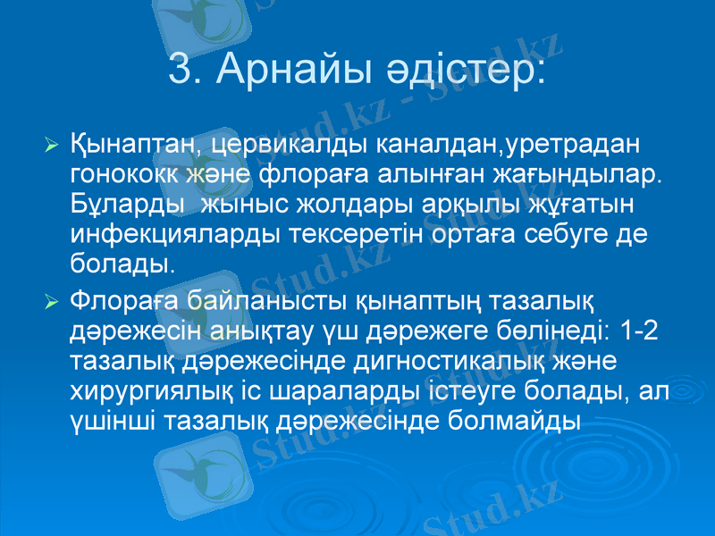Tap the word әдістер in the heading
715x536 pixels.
[x=482, y=70]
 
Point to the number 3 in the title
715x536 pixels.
[x=181, y=70]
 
